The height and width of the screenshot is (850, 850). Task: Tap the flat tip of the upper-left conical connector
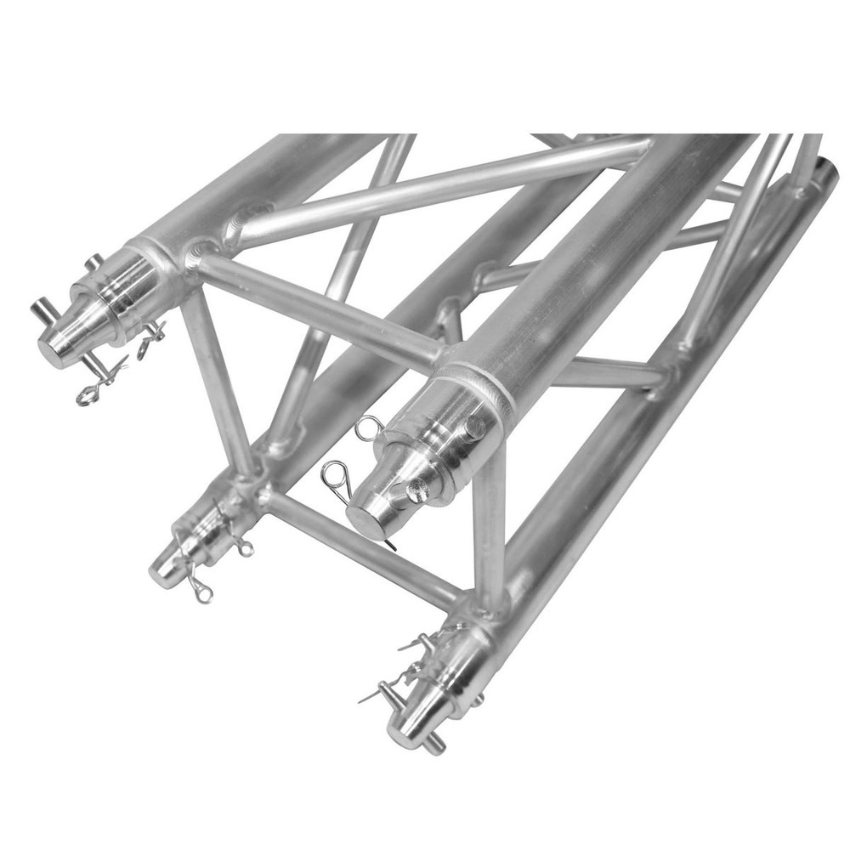[53, 347]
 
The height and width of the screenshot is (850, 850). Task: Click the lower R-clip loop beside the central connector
[337, 471]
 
